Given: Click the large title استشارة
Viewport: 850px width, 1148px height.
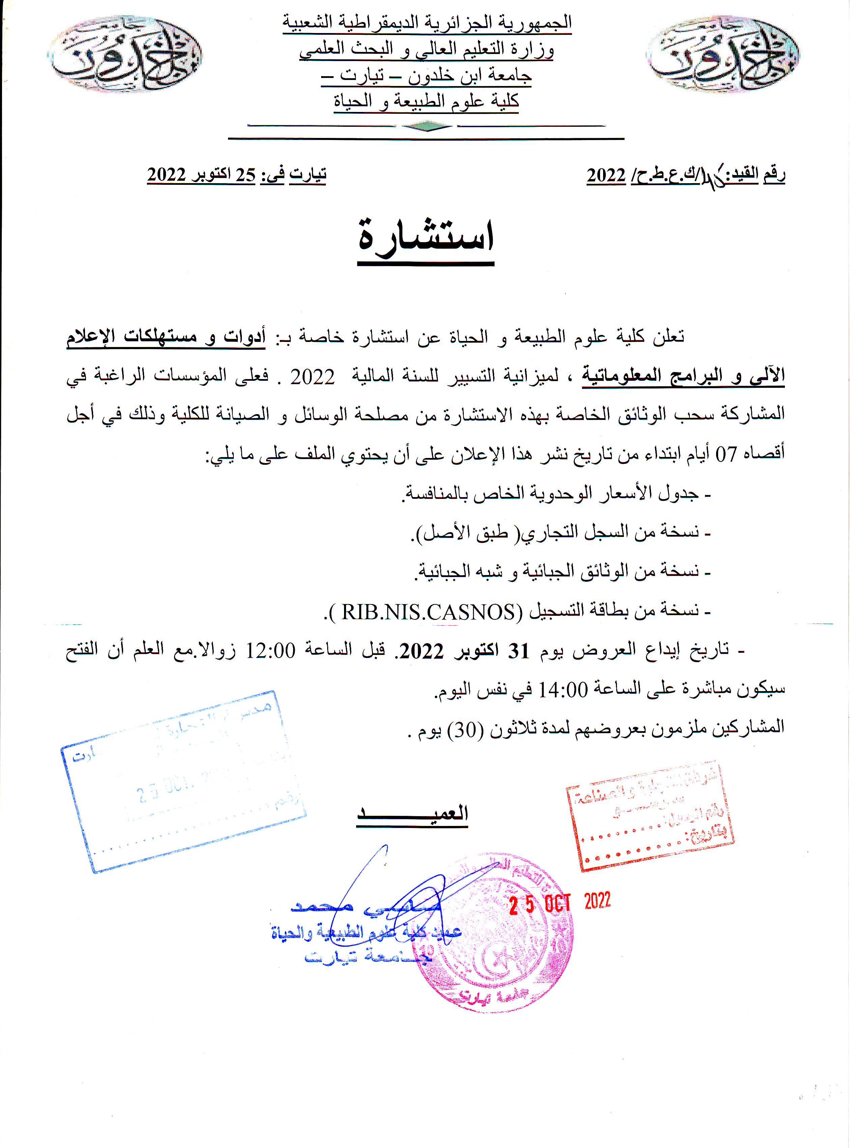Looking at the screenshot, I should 426,239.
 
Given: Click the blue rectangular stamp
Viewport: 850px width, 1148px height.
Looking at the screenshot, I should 183,781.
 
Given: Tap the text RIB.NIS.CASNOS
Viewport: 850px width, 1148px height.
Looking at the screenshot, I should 428,611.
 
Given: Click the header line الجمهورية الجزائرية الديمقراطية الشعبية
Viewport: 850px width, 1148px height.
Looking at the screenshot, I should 427,23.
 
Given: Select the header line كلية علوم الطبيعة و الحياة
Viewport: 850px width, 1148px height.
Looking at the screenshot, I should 427,101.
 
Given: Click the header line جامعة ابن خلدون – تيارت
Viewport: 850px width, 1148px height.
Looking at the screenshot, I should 427,75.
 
